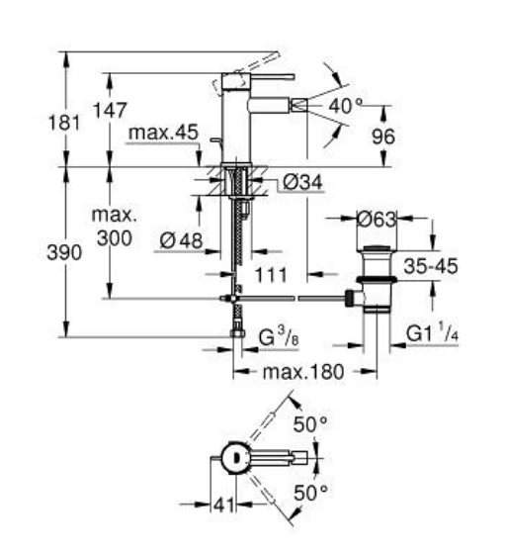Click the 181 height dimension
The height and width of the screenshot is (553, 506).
(64, 123)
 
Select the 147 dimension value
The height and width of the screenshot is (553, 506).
(110, 110)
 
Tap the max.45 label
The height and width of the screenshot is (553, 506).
(163, 133)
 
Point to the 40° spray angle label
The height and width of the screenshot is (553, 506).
(345, 106)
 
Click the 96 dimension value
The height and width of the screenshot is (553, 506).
(383, 137)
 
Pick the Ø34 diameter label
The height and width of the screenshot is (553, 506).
(302, 183)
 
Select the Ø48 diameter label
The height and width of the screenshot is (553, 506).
(181, 241)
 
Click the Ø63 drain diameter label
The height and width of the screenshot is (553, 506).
(377, 220)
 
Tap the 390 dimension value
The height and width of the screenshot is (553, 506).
(64, 253)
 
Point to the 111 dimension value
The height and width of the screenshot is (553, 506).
(271, 275)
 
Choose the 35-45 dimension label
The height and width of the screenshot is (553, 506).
(431, 266)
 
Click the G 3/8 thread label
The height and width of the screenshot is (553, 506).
(279, 337)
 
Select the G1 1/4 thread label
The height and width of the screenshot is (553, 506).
(432, 333)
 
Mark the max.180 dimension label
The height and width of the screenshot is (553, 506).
(303, 372)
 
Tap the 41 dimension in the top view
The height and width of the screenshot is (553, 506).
(224, 505)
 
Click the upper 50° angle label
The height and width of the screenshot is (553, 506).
(310, 424)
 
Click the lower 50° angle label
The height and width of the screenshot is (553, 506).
(310, 493)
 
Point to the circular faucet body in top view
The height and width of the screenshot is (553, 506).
(236, 458)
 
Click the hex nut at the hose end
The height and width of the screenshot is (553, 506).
(238, 333)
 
